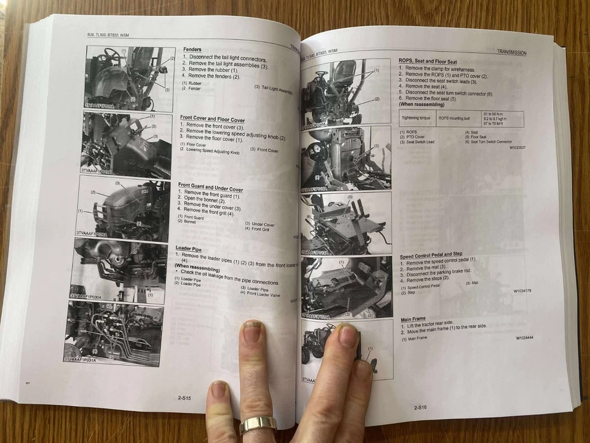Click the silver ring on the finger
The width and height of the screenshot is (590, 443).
pos(258,424)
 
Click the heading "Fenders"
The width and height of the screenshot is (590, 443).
pos(192,49)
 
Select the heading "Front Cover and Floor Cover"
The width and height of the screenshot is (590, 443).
pos(212,118)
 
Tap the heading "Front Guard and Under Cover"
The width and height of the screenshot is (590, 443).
pos(210,186)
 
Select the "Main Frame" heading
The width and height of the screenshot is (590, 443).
pos(413,319)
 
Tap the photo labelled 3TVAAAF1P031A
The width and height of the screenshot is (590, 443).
pos(113,332)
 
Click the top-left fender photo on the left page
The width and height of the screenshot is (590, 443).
pos(130,78)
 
